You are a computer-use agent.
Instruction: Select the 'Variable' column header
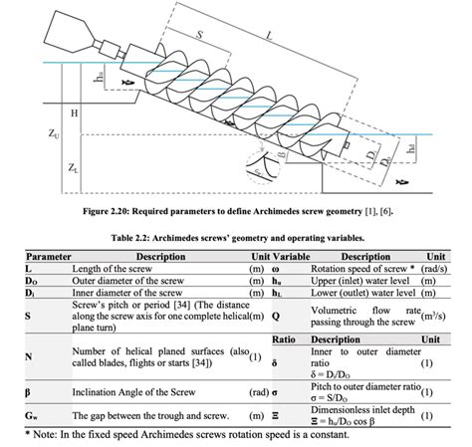pyautogui.click(x=290, y=256)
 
